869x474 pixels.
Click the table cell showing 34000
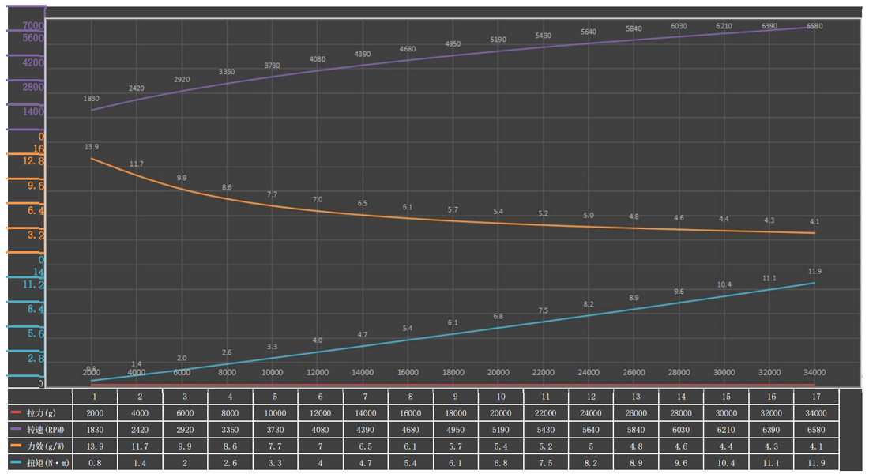(815, 412)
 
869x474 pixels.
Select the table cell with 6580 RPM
(815, 429)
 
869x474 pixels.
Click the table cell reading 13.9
(93, 446)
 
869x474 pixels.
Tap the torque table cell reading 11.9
(815, 463)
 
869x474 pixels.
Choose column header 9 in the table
(455, 396)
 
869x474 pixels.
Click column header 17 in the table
(815, 396)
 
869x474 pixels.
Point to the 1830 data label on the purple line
(92, 99)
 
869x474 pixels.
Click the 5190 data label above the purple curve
(498, 39)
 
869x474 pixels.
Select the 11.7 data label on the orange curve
(137, 164)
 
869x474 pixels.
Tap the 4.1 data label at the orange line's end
(814, 221)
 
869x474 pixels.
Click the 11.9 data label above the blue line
(814, 271)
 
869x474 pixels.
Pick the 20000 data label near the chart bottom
(498, 372)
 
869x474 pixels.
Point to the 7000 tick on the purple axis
(33, 26)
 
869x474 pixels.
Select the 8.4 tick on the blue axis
(35, 310)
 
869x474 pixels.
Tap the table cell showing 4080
(319, 429)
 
